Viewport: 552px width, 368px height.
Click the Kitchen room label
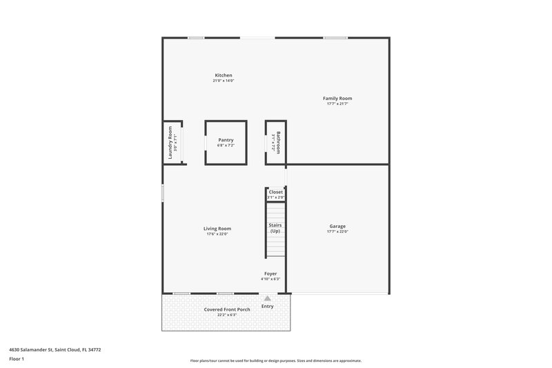223,75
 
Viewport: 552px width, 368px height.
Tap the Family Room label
337,99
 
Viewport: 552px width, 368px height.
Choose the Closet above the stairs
275,192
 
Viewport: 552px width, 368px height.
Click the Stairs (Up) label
275,228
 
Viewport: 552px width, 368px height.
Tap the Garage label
337,226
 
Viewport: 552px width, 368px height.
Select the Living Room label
217,229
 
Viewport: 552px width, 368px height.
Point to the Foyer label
270,273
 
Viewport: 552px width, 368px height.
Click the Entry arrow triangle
268,298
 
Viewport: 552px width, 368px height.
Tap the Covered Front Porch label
227,309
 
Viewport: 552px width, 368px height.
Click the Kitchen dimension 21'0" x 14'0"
223,81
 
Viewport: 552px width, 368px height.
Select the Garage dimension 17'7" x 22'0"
337,232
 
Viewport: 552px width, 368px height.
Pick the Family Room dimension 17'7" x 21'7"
337,104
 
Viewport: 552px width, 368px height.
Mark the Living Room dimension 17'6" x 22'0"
217,234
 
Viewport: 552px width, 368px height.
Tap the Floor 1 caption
17,359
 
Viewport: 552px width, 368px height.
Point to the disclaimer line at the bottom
275,360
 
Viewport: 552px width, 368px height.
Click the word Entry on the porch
267,307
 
